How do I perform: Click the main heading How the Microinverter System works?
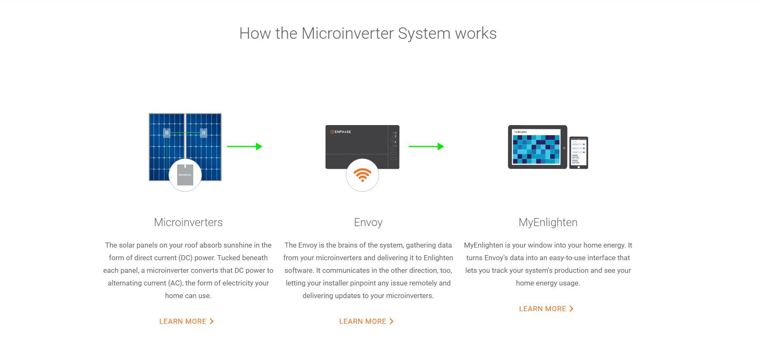(x=368, y=34)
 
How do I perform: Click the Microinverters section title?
(x=188, y=222)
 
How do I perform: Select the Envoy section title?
(x=368, y=222)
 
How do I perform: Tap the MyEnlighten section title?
(x=548, y=222)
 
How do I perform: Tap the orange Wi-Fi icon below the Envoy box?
(x=362, y=175)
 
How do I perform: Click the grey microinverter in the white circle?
(x=185, y=175)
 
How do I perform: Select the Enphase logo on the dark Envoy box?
(x=340, y=132)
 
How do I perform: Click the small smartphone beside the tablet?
(x=578, y=152)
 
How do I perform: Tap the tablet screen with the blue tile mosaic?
(x=536, y=147)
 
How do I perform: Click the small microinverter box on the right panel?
(x=203, y=133)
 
